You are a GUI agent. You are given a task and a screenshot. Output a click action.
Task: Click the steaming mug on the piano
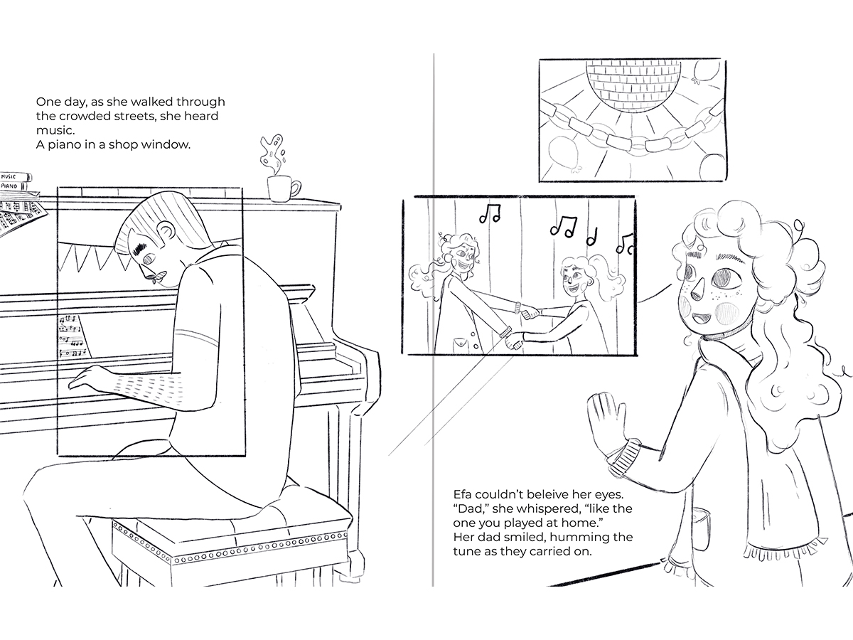click(281, 189)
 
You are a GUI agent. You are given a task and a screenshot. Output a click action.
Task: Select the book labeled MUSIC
click(16, 176)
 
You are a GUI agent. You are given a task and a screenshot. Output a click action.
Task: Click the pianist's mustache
click(156, 277)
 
